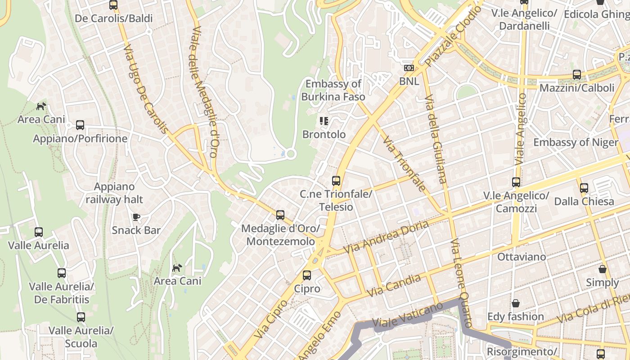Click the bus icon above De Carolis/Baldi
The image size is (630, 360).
[x=113, y=5]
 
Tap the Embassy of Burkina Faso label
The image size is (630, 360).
[x=333, y=90]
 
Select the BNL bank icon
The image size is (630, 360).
[x=409, y=68]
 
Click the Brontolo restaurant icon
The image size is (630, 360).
[x=324, y=121]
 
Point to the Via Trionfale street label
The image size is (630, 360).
[x=404, y=164]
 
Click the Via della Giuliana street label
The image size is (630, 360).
[x=436, y=139]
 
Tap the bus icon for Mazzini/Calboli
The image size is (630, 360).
[x=577, y=75]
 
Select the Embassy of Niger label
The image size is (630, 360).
[x=576, y=142]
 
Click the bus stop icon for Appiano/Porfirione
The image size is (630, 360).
[x=80, y=125]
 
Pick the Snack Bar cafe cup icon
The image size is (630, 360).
[x=136, y=217]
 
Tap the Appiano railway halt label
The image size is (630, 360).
[x=114, y=193]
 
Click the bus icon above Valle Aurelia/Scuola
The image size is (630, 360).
[x=81, y=317]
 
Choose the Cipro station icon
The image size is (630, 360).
[x=307, y=275]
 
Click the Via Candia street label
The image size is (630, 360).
[x=394, y=285]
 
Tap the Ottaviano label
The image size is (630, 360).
[x=522, y=256]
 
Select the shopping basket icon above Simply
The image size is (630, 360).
[x=603, y=270]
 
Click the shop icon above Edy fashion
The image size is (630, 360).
[x=516, y=304]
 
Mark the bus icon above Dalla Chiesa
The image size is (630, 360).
[x=584, y=188]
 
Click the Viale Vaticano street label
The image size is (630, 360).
[x=407, y=315]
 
